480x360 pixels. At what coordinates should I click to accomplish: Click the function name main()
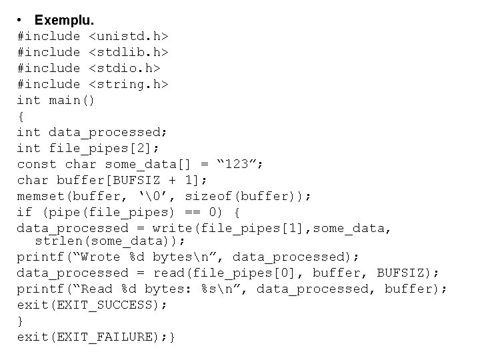pos(72,100)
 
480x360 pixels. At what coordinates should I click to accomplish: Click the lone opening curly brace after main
pos(20,116)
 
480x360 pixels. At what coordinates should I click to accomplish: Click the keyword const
pos(37,164)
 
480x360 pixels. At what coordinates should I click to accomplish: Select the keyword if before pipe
pos(25,212)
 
